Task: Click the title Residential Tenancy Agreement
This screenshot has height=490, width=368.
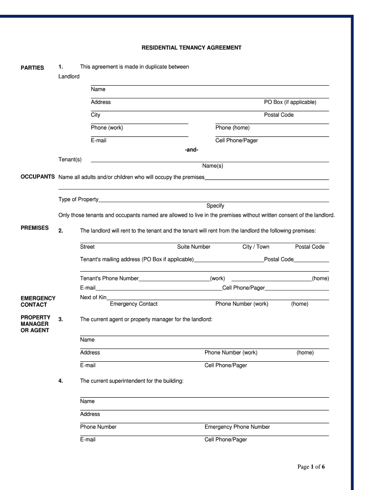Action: (x=191, y=48)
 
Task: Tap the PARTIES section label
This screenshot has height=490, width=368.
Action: (x=32, y=68)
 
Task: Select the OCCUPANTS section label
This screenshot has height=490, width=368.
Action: (x=38, y=177)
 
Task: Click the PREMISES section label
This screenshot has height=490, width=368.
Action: (x=34, y=228)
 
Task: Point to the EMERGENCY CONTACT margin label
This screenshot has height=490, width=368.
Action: (x=38, y=301)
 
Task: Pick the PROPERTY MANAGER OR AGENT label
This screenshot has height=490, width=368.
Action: (x=35, y=324)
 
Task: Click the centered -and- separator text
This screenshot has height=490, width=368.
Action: (x=191, y=150)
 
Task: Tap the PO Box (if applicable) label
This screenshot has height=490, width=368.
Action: (x=290, y=102)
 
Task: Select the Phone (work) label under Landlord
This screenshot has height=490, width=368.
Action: (x=107, y=128)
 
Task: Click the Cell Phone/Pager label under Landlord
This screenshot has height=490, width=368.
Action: (x=237, y=141)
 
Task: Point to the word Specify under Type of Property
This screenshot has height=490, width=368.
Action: (x=215, y=206)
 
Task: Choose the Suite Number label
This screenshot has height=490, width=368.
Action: (x=194, y=247)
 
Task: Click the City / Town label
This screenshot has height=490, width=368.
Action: (x=256, y=247)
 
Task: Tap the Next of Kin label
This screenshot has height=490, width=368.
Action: (x=93, y=298)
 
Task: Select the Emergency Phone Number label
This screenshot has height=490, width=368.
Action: (x=237, y=427)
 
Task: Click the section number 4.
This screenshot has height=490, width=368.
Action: (x=61, y=381)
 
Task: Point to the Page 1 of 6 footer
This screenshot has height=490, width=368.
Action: (x=311, y=467)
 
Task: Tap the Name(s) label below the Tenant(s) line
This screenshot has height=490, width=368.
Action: (x=213, y=166)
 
